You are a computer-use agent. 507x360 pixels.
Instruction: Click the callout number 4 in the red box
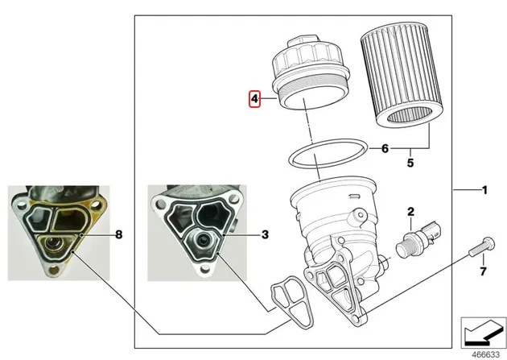[x=254, y=99]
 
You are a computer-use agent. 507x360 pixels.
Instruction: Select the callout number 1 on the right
[x=484, y=191]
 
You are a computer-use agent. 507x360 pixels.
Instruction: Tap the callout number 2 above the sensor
[x=410, y=212]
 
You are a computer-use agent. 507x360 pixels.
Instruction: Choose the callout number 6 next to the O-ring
[x=385, y=148]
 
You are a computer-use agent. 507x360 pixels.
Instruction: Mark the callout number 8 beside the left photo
[x=118, y=234]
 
